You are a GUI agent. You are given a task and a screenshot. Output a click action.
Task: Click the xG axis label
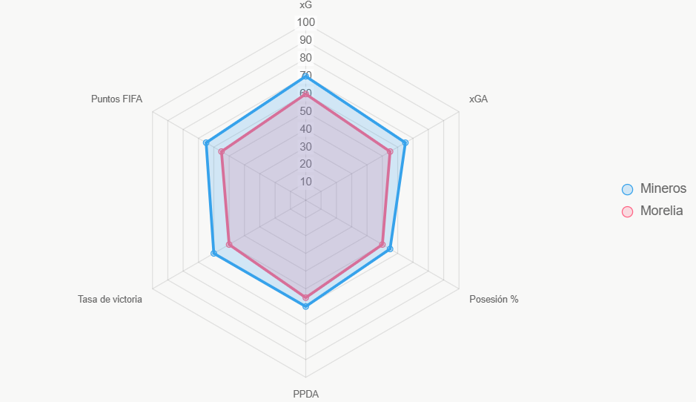(305, 5)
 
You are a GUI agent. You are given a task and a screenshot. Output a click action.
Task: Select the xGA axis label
(478, 99)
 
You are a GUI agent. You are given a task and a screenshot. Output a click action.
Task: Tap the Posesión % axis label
(494, 300)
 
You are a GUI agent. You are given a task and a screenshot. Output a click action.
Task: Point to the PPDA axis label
(305, 394)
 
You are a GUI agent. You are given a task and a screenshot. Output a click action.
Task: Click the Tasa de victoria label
(110, 300)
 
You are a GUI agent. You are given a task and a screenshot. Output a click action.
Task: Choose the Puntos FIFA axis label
(116, 99)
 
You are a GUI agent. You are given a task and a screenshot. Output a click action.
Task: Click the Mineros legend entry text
(663, 188)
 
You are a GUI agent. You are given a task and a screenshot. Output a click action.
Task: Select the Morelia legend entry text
(661, 211)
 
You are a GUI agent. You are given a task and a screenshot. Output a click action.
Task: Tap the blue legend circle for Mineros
(627, 189)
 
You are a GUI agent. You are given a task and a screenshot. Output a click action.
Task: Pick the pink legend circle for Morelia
(627, 211)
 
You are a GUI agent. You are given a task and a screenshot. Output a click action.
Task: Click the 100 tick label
(305, 22)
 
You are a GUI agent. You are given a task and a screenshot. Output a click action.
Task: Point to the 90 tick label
(305, 40)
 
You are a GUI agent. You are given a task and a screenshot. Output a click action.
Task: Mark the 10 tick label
(305, 182)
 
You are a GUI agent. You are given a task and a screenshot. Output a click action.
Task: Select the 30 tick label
(305, 147)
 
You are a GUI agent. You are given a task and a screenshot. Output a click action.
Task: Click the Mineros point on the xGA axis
(405, 142)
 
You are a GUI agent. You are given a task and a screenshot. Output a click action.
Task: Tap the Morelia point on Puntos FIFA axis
(222, 152)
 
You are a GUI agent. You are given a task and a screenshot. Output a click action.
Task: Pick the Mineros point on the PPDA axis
(305, 306)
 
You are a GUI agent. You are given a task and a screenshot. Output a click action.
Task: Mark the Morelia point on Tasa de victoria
(230, 244)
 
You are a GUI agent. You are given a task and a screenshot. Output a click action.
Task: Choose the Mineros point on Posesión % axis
(390, 248)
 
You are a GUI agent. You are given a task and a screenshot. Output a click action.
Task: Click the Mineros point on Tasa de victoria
(214, 253)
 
